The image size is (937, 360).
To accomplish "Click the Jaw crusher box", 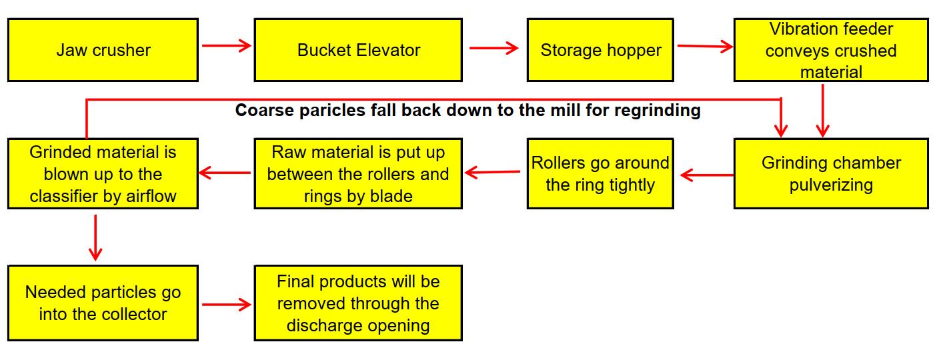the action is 103,50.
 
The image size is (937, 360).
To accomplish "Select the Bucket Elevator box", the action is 358,50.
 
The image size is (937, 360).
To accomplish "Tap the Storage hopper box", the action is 600,50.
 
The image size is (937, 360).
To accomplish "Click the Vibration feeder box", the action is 831,50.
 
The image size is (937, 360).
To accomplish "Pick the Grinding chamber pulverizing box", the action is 831,173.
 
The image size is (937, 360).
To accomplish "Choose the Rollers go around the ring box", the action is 600,173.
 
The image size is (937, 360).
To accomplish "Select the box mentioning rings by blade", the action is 358,173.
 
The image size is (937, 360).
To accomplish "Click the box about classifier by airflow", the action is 103,173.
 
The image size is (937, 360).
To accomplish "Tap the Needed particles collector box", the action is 103,303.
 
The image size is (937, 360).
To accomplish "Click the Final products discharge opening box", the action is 358,303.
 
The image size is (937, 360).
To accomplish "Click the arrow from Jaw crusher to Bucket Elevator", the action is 226,45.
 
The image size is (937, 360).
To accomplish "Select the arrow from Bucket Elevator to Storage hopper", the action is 494,48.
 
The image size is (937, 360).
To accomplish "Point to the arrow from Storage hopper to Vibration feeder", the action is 706,47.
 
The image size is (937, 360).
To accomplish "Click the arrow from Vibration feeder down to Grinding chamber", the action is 823,111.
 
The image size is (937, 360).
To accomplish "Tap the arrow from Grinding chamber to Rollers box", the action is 707,175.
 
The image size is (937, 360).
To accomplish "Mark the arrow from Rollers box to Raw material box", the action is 492,172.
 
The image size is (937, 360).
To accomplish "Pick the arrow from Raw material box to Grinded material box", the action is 225,173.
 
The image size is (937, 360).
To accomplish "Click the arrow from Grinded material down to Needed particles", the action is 95,238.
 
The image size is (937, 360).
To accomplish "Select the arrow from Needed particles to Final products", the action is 226,305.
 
